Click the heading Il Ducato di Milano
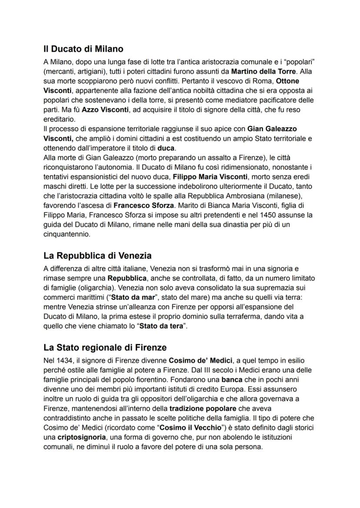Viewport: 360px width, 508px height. tap(83, 49)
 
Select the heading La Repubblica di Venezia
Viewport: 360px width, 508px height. tap(97, 256)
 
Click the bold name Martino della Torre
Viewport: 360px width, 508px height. tap(263, 71)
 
